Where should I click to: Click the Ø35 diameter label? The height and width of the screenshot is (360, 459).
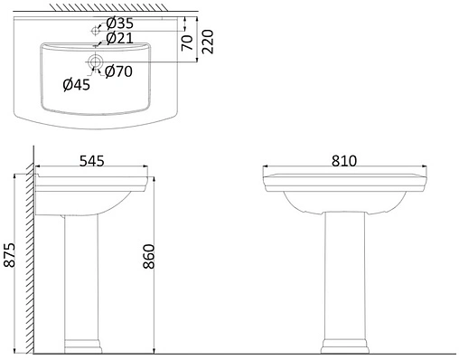tap(119, 23)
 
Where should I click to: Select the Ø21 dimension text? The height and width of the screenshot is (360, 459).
tap(119, 38)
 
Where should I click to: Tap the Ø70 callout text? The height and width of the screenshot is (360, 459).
tap(118, 71)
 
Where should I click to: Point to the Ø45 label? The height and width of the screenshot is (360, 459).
tap(77, 85)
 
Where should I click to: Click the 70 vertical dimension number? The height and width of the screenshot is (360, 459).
tap(187, 43)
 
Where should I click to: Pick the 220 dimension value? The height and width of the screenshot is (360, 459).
tap(207, 42)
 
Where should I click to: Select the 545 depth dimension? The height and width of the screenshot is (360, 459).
tap(92, 161)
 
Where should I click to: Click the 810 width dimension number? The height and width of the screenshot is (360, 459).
tap(344, 161)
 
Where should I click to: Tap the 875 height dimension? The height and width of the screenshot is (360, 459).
tap(9, 255)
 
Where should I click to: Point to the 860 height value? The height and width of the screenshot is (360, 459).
tap(149, 257)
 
